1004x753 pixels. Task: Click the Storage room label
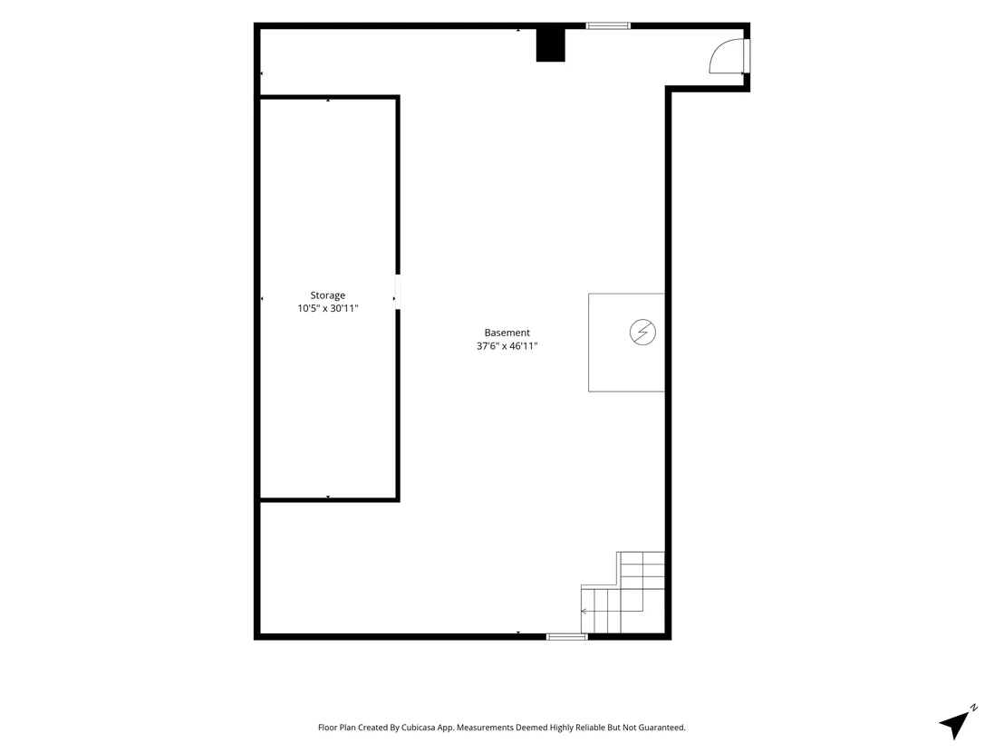(x=328, y=295)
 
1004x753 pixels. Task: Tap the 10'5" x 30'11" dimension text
(x=328, y=309)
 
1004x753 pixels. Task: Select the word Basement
(x=507, y=333)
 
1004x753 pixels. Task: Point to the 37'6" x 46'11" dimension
(x=507, y=346)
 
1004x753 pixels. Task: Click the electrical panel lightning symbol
(x=642, y=333)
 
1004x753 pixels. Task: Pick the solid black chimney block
(x=551, y=45)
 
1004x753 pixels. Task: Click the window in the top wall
(x=608, y=26)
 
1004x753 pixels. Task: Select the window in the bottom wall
(x=566, y=636)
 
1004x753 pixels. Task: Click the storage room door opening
(x=398, y=292)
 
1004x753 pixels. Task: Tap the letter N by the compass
(x=973, y=708)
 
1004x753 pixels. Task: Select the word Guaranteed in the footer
(x=662, y=728)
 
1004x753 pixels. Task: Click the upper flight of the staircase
(x=641, y=571)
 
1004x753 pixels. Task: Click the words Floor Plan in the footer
(x=337, y=728)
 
